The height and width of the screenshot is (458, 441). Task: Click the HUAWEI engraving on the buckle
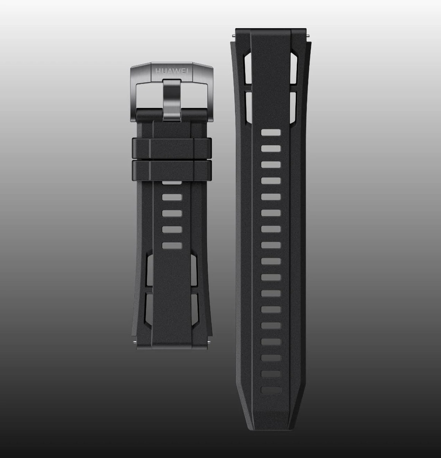[x=172, y=71]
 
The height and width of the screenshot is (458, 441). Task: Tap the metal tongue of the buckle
[x=172, y=100]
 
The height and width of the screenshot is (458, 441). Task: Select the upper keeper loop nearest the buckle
[x=172, y=148]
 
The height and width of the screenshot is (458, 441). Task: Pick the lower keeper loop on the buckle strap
[x=172, y=170]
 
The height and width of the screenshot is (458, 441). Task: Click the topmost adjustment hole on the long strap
[x=271, y=132]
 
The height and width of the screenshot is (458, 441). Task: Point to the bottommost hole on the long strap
[x=271, y=390]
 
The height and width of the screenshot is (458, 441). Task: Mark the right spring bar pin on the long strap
[x=308, y=35]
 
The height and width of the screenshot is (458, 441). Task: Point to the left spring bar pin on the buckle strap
[x=135, y=341]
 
